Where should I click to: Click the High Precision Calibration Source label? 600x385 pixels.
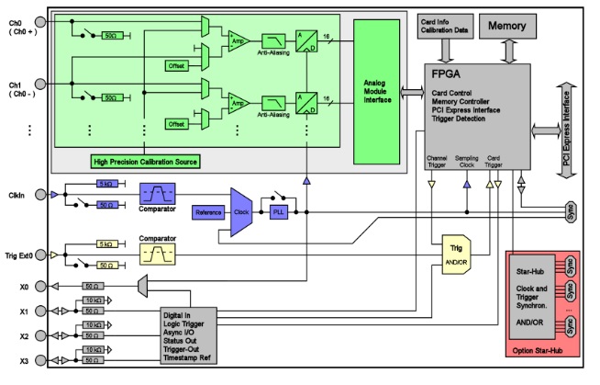[145, 161]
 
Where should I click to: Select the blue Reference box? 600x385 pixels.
[208, 212]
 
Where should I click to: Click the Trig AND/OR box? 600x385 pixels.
[456, 252]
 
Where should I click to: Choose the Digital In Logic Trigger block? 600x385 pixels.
[187, 336]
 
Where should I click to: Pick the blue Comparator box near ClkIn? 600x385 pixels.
[156, 195]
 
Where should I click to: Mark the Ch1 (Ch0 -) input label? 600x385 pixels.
[18, 89]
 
